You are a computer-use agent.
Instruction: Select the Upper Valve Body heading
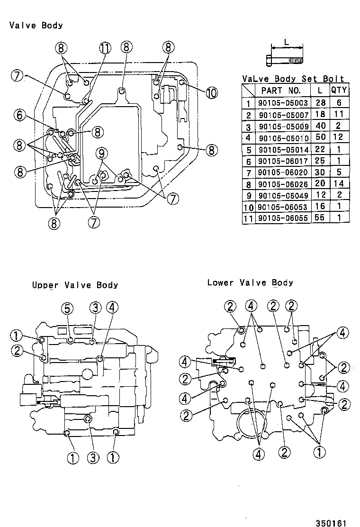click(x=75, y=285)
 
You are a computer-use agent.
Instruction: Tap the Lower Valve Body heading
click(x=250, y=282)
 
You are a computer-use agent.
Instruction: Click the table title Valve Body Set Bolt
click(x=293, y=79)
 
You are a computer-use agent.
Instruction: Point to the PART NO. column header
click(x=281, y=90)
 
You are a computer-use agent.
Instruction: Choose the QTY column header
click(x=340, y=90)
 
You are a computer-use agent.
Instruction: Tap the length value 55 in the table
click(x=320, y=218)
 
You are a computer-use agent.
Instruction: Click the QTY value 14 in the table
click(x=340, y=184)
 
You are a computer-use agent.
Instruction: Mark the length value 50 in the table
click(x=320, y=137)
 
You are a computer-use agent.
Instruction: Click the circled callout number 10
click(x=211, y=93)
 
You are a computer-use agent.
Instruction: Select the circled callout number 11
click(x=105, y=47)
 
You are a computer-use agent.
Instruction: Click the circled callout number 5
click(x=67, y=309)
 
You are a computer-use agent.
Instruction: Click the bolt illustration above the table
click(x=283, y=60)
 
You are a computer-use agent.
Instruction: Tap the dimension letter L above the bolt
click(x=286, y=42)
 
